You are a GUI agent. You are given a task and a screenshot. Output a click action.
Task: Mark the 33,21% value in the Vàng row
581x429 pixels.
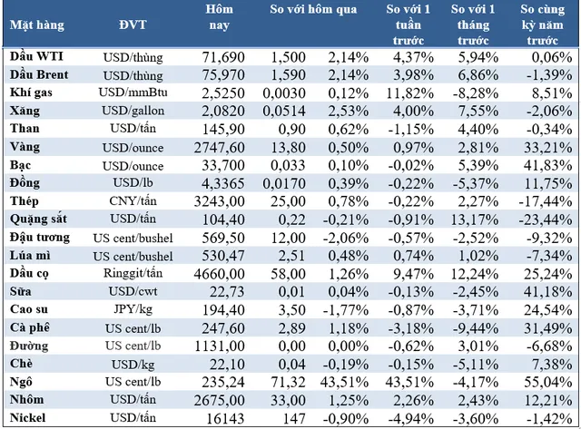tap(543, 146)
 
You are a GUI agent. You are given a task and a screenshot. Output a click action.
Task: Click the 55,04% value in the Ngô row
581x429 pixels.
tap(543, 381)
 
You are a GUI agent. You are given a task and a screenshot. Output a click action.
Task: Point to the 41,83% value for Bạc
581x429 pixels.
tap(543, 164)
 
